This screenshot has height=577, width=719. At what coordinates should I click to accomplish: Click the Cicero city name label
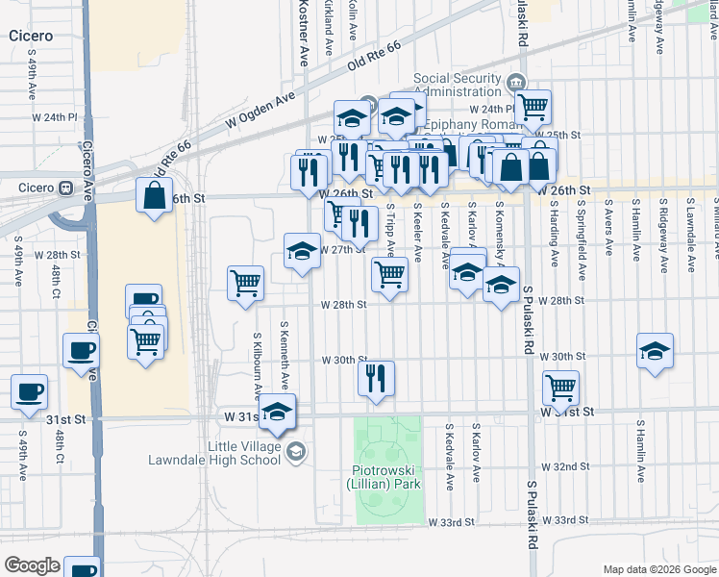tap(31, 36)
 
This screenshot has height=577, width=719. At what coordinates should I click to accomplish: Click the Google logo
tap(32, 565)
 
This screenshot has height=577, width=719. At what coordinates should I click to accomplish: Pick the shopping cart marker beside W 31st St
tap(560, 388)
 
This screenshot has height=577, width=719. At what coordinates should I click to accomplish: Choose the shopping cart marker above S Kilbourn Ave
tap(246, 283)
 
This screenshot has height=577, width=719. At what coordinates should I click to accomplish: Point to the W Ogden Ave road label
tap(260, 113)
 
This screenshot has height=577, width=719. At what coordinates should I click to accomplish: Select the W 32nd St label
tap(565, 467)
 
